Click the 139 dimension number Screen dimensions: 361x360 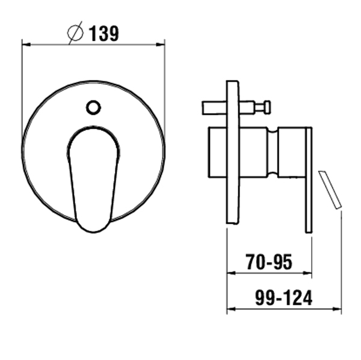click(x=104, y=34)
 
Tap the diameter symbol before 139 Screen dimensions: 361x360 click(x=75, y=33)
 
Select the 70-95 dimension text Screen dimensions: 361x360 click(x=269, y=262)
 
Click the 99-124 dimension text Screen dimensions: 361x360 click(x=283, y=297)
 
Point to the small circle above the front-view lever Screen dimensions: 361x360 click(x=93, y=108)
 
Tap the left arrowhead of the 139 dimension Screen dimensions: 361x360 click(x=26, y=44)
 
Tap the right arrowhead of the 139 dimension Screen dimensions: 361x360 click(x=160, y=44)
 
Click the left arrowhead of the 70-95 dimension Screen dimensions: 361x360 click(x=231, y=273)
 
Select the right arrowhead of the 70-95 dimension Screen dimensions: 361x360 click(x=307, y=273)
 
